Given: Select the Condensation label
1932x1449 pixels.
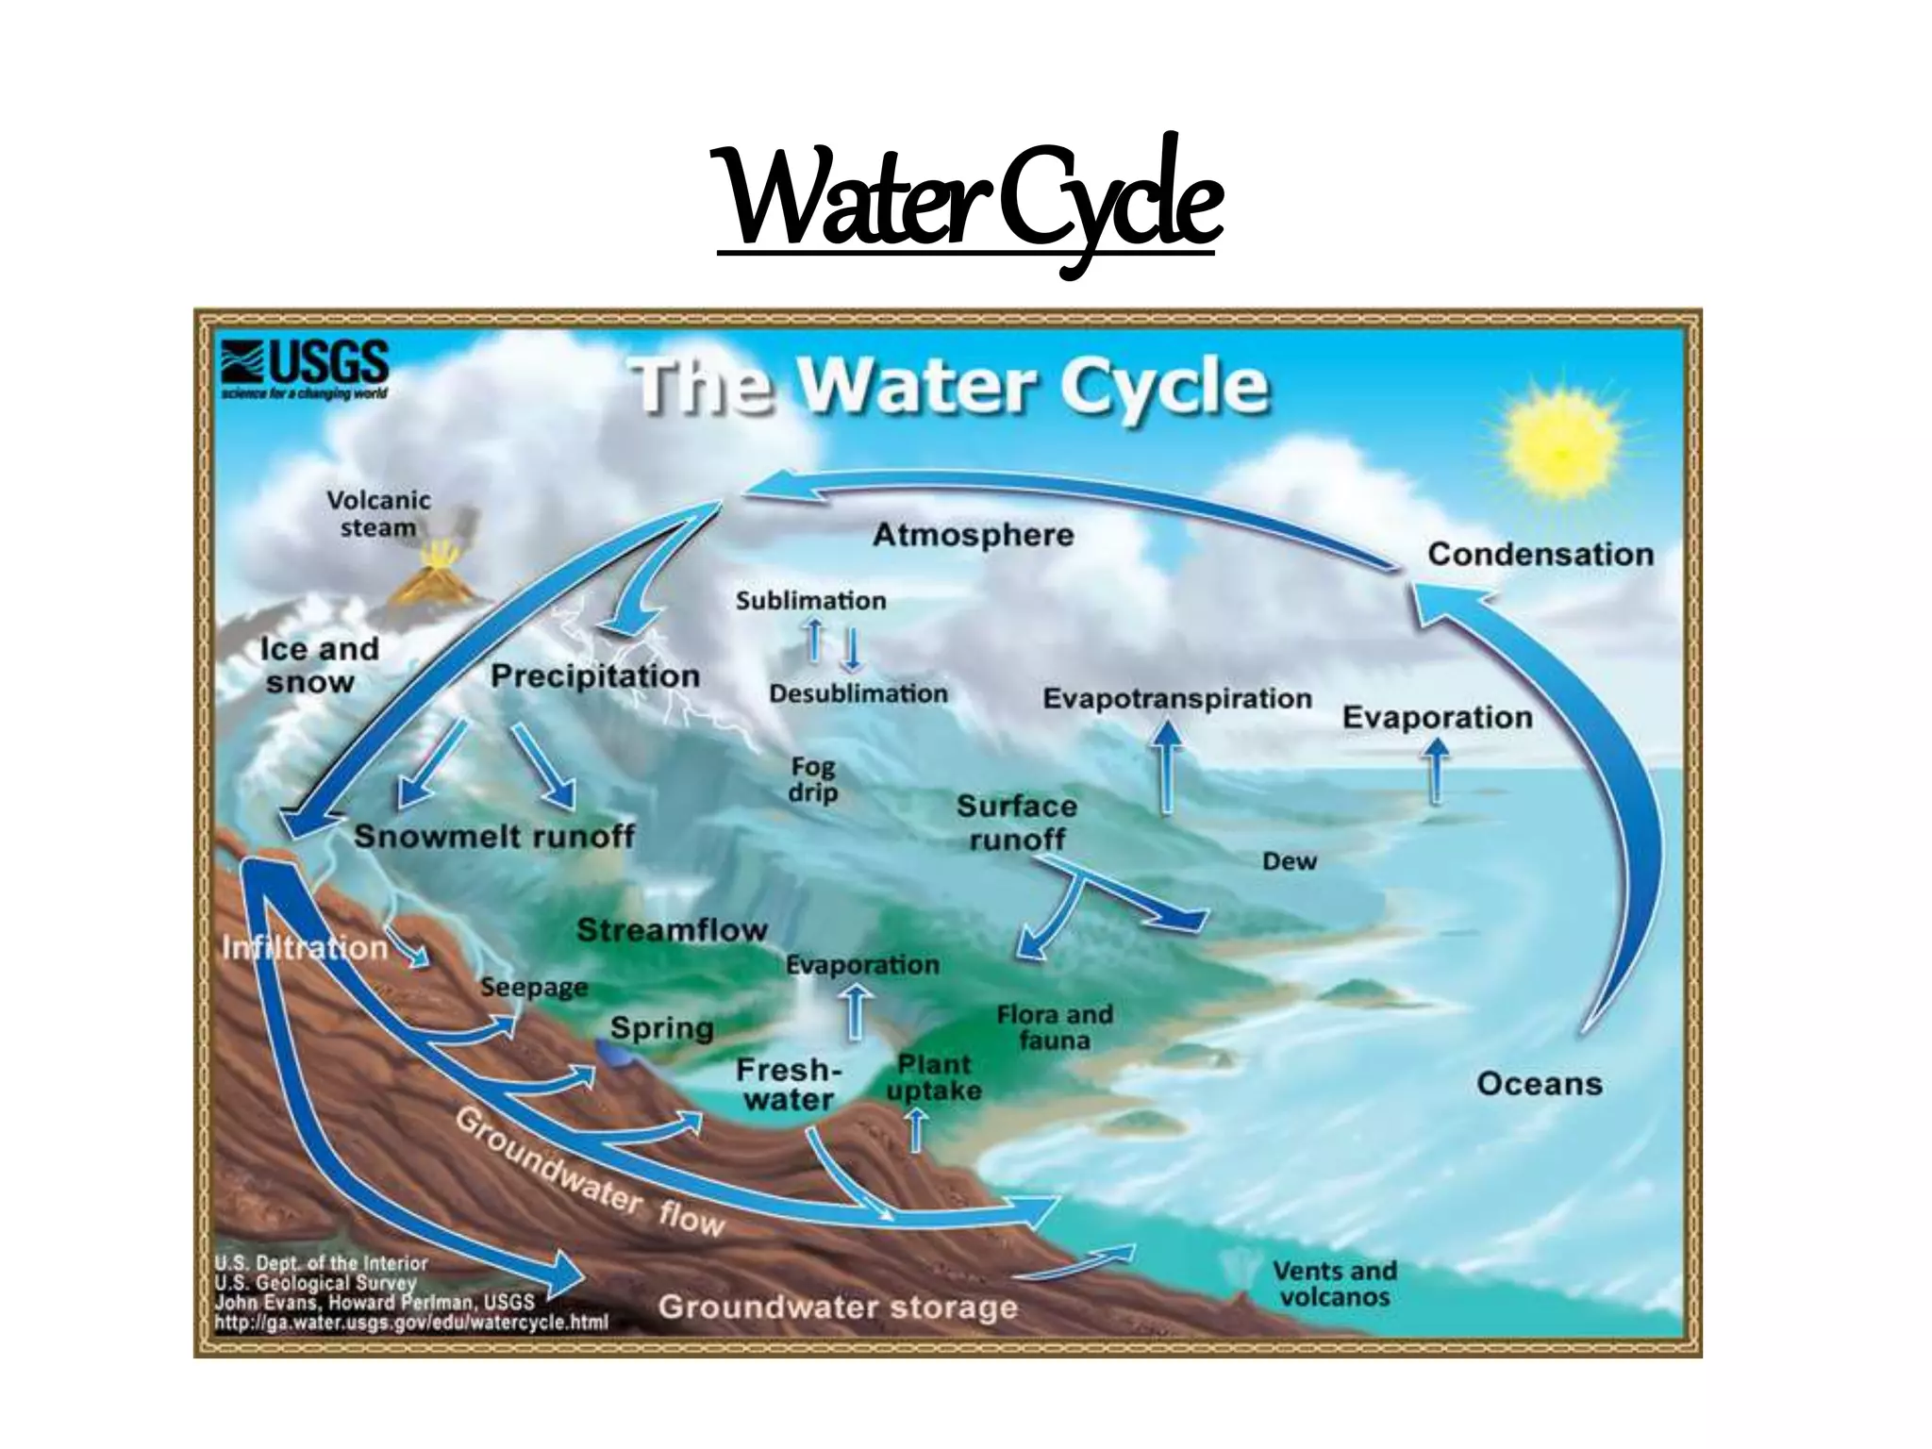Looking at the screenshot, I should pos(1540,554).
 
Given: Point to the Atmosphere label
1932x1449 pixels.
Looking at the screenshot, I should pos(973,535).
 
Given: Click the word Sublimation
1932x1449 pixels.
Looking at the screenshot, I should pos(810,601).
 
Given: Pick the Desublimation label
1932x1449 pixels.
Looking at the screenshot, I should pos(858,693).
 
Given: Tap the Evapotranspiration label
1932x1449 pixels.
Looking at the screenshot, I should pos(1176,699).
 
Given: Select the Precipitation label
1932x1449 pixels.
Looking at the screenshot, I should pos(595,676).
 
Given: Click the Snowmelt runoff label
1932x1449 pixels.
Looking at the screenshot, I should pos(493,836).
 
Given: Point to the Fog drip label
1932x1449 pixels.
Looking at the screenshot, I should pos(812,780).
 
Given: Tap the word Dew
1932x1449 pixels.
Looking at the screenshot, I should pos(1289,861).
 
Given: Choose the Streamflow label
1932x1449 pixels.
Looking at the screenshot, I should pos(672,930).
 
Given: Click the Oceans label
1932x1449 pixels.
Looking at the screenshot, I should pos(1539,1084).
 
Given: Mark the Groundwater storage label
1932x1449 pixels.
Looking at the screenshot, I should pos(838,1307).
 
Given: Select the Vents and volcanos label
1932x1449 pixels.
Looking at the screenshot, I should pos(1334,1284).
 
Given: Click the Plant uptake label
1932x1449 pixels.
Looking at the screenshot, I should pos(934,1077).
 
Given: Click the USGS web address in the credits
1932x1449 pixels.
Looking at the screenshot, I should pos(411,1323).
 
